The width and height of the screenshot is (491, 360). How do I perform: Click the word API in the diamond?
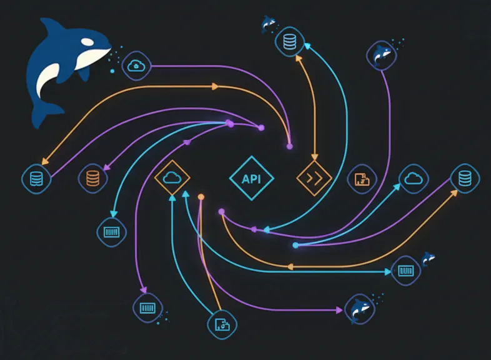click(x=252, y=179)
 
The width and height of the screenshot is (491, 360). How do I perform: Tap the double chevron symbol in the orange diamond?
click(x=314, y=179)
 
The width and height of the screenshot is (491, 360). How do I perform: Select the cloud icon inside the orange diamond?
click(x=172, y=177)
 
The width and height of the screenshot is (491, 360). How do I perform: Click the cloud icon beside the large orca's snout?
click(x=136, y=66)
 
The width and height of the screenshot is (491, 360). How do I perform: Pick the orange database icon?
click(x=92, y=178)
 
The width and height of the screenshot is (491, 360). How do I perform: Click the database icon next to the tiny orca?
click(x=290, y=42)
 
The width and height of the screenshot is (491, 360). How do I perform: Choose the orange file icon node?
click(x=362, y=179)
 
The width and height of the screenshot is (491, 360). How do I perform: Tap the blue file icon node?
click(x=222, y=324)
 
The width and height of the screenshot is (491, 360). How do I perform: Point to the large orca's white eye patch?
click(x=87, y=42)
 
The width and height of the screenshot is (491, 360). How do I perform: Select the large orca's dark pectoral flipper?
click(x=83, y=74)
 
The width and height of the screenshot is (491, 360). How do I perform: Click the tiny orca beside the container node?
click(x=428, y=259)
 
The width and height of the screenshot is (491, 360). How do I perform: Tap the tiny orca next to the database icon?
click(x=268, y=23)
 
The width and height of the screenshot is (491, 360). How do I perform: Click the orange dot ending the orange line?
click(x=201, y=197)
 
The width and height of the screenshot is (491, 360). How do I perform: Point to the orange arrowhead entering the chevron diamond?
click(x=315, y=157)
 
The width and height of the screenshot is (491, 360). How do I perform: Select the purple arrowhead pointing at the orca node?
click(x=339, y=310)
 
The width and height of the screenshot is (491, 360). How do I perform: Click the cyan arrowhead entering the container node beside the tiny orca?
click(x=388, y=272)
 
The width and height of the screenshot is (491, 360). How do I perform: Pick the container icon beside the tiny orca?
click(x=406, y=271)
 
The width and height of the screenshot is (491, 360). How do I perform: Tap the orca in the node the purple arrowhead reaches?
click(x=360, y=309)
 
